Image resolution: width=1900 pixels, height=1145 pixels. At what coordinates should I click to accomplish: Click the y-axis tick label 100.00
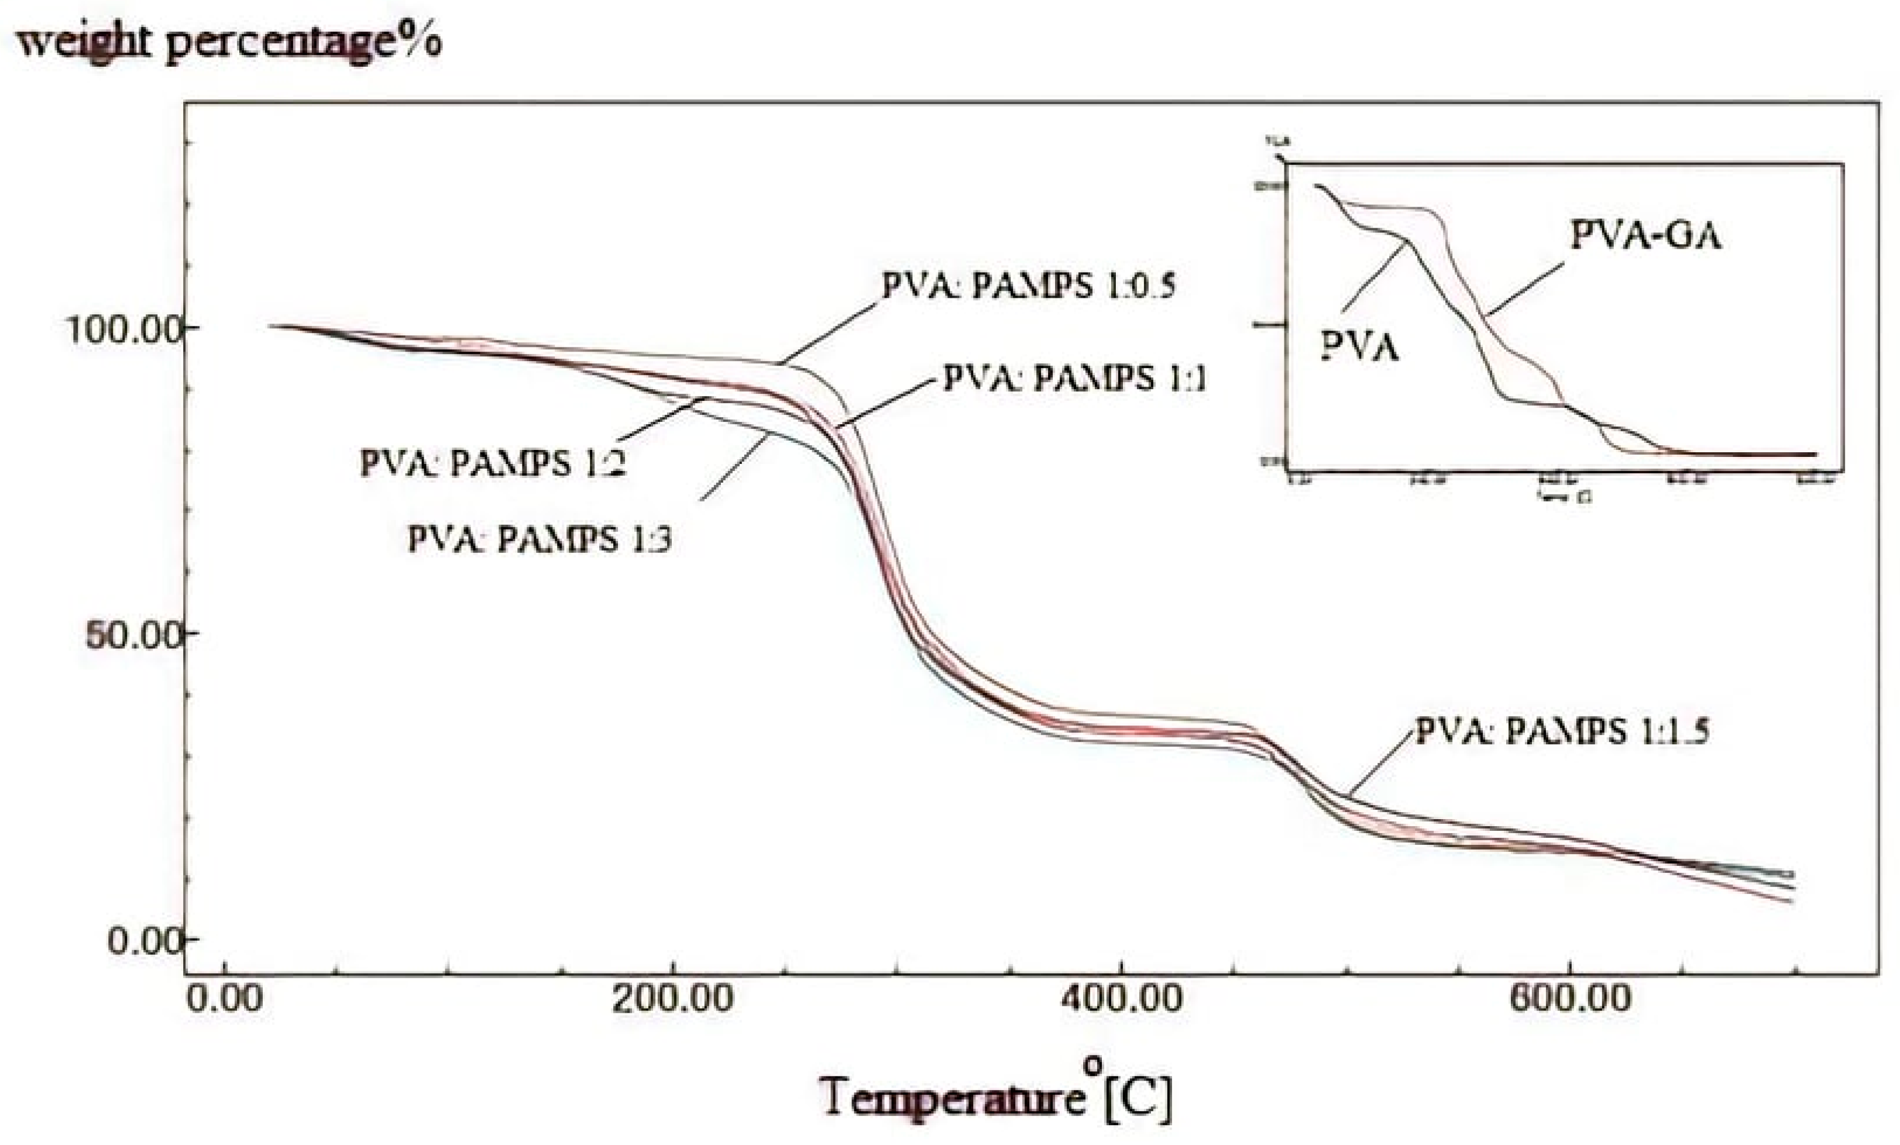coord(123,330)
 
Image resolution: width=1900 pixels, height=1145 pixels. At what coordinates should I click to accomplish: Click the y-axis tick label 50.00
coord(133,637)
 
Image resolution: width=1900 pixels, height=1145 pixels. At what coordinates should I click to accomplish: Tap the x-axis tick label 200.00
coord(672,1000)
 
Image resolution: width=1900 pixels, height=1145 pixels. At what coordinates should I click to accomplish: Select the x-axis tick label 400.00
coord(1121,1000)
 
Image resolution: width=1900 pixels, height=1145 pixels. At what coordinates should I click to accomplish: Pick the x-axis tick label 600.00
coord(1570,1000)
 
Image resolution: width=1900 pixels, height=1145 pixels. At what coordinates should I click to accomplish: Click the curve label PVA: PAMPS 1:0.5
coord(1029,287)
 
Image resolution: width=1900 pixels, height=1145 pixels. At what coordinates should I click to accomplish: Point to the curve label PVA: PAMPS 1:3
coord(539,539)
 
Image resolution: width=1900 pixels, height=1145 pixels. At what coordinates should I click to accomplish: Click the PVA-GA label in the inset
coord(1645,236)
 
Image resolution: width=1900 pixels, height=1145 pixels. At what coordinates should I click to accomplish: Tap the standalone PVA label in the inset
coord(1359,347)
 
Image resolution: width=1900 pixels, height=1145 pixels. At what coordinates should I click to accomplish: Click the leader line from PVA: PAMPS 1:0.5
coord(829,333)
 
